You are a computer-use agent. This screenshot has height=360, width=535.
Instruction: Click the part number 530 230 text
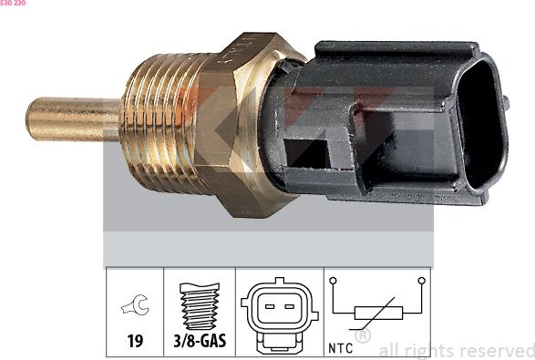[x=13, y=3]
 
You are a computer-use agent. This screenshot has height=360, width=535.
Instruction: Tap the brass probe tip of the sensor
[x=73, y=119]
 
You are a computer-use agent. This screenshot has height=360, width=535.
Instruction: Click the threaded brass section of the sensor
[x=161, y=123]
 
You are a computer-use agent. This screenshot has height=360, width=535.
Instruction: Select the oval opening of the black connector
[x=482, y=124]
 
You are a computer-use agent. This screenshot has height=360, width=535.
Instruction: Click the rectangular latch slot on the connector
[x=306, y=153]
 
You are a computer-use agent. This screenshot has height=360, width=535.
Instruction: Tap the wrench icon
[x=136, y=304]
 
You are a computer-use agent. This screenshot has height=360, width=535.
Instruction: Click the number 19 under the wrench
[x=135, y=341]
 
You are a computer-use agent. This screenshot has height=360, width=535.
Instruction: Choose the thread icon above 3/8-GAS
[x=200, y=306]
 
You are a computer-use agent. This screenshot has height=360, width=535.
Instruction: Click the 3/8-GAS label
[x=200, y=341]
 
